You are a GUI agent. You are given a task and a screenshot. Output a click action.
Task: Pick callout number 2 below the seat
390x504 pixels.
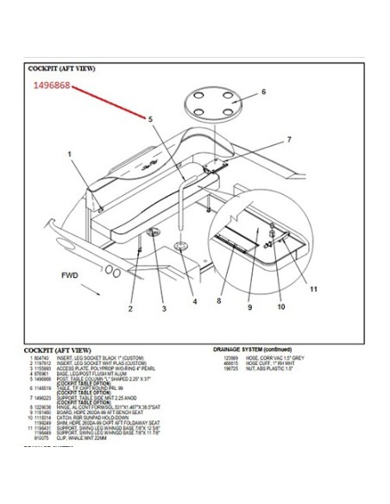[x=131, y=306]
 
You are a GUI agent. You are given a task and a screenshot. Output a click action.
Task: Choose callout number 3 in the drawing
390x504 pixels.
[x=163, y=307]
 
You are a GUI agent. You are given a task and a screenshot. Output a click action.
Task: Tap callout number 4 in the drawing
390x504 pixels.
[x=195, y=301]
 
